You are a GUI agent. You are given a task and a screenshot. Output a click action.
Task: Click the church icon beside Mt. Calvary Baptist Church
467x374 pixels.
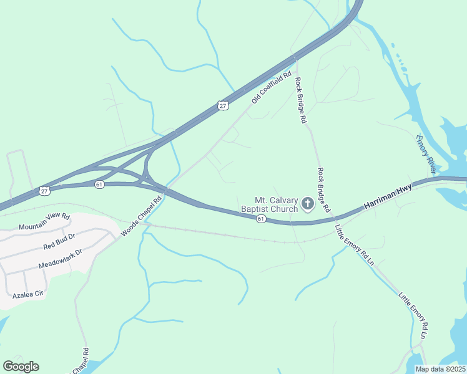(x=307, y=204)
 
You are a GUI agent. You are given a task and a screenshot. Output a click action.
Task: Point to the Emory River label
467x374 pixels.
(x=425, y=153)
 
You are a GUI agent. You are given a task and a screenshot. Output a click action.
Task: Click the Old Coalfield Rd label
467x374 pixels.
(x=272, y=88)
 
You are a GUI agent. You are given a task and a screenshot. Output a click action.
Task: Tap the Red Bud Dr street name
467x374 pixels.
(x=59, y=241)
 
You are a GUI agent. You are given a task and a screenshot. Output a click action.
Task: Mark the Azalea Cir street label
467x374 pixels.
(x=29, y=294)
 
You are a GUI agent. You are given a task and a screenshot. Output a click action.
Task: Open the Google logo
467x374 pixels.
(x=21, y=367)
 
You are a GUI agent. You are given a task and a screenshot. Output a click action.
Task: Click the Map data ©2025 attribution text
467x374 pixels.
(x=440, y=369)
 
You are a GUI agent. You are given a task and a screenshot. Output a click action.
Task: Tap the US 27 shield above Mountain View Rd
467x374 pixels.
(x=43, y=189)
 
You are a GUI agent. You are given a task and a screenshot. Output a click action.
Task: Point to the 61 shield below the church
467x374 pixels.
(x=261, y=219)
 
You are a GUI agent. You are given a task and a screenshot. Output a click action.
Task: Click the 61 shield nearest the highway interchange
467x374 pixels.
(x=99, y=185)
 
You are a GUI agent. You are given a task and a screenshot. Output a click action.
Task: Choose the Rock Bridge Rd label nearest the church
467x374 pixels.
(x=323, y=190)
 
